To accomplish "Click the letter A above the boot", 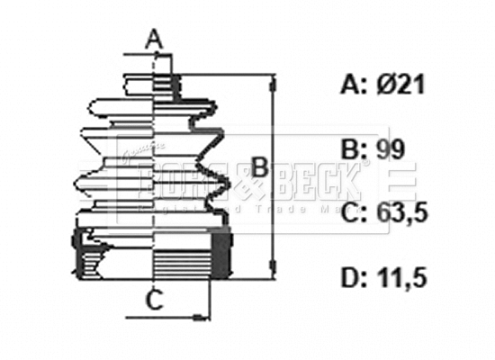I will coord(155,39).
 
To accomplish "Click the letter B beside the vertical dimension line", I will coord(258,166).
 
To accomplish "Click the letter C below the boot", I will coord(155,301).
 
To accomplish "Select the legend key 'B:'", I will coord(355,149).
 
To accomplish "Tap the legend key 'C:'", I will coord(355,213).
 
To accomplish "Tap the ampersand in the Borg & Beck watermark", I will coord(253,183).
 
